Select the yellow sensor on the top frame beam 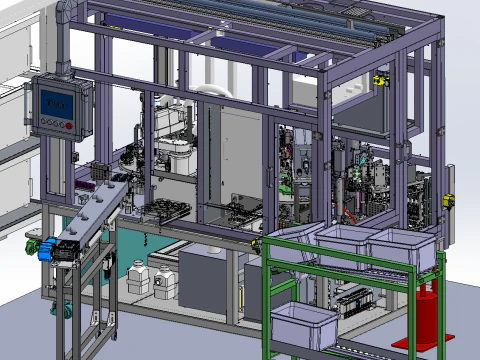(x=379, y=79)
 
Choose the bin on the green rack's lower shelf (x=305, y=325)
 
